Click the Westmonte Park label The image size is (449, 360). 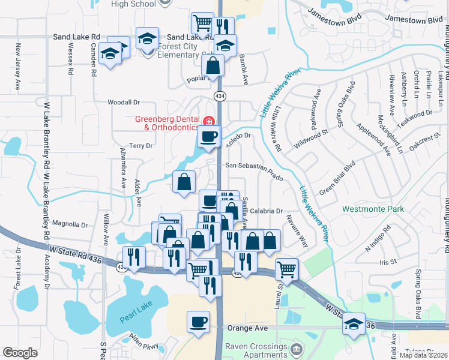click(373, 209)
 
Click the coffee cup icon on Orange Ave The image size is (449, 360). click(198, 323)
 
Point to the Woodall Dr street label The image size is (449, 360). click(123, 103)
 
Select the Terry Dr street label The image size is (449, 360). click(141, 145)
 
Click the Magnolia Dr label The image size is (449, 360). click(70, 224)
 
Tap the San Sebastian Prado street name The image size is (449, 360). click(254, 167)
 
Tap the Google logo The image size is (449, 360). click(20, 353)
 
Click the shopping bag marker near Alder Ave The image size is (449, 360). click(184, 182)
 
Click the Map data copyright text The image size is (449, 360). click(423, 355)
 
